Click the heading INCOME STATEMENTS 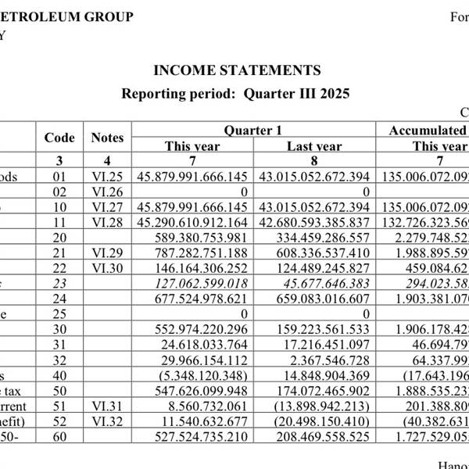point(237,70)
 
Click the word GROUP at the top point(107,16)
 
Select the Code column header point(59,138)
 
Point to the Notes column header point(107,138)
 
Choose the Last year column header point(314,146)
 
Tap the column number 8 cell point(314,161)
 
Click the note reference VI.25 point(106,177)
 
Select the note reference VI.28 point(106,223)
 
